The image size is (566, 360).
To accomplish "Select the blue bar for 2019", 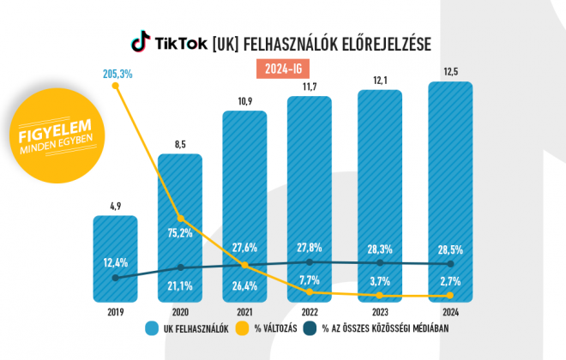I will point(115,257).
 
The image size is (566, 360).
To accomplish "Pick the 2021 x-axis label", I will point(245,313).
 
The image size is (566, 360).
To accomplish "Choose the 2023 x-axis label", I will point(377,313).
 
